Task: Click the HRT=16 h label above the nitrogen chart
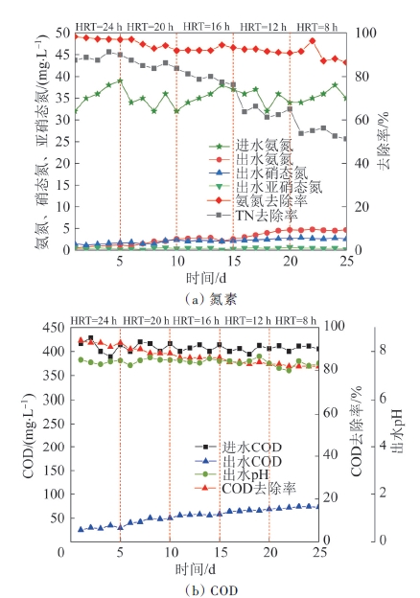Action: pyautogui.click(x=206, y=26)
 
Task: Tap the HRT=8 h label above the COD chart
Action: pyautogui.click(x=295, y=321)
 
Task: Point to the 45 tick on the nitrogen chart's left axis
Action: pyautogui.click(x=63, y=55)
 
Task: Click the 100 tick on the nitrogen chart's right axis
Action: pyautogui.click(x=366, y=33)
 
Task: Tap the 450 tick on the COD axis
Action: pyautogui.click(x=54, y=327)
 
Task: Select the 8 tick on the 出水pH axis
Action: pyautogui.click(x=383, y=350)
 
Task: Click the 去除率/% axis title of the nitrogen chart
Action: pyautogui.click(x=384, y=140)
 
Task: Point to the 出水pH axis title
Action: pyautogui.click(x=397, y=432)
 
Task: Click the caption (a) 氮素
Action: pyautogui.click(x=211, y=300)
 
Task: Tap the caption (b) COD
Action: pyautogui.click(x=211, y=590)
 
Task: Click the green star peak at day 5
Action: pyautogui.click(x=120, y=80)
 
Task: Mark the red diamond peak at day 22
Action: pyautogui.click(x=313, y=41)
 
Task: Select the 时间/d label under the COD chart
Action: pyautogui.click(x=196, y=569)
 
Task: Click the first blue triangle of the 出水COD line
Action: pyautogui.click(x=81, y=529)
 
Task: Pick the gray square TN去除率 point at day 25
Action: pyautogui.click(x=346, y=139)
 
